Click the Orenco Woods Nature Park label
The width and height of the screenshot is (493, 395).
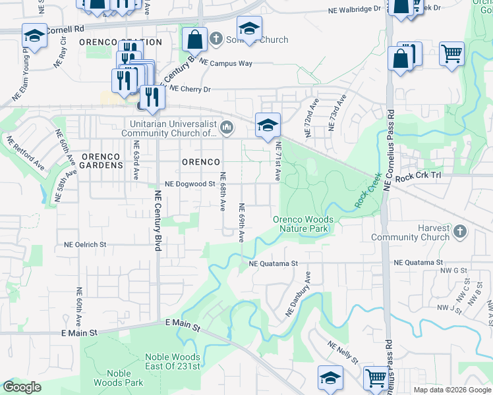click(x=303, y=224)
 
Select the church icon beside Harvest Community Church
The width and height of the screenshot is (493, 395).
click(x=460, y=232)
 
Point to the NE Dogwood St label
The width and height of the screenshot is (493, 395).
click(x=190, y=184)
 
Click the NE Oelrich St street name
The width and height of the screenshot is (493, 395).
click(x=85, y=244)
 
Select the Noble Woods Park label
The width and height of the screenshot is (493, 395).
click(x=125, y=377)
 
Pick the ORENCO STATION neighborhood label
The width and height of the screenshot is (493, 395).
click(x=120, y=42)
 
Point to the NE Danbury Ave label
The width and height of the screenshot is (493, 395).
click(x=298, y=293)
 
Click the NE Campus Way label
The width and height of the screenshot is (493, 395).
click(x=226, y=63)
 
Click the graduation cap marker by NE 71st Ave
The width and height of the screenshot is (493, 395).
click(x=268, y=125)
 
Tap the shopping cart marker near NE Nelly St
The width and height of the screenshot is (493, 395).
click(x=376, y=378)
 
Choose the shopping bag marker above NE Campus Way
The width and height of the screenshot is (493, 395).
click(x=196, y=39)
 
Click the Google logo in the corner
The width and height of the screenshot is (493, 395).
click(x=22, y=387)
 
